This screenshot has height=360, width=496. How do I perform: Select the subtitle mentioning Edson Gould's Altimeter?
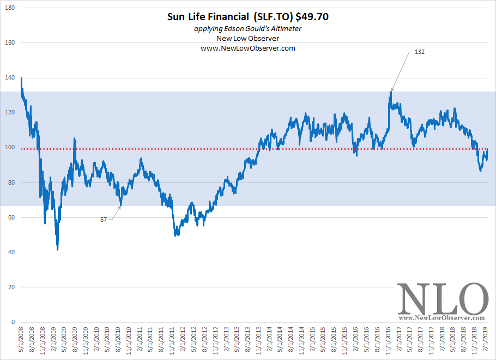tap(248, 28)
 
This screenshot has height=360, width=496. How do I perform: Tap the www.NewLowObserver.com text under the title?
tap(248, 48)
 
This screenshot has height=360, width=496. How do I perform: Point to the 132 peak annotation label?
tap(419, 52)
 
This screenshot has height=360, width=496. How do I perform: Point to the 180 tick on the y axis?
tap(10, 8)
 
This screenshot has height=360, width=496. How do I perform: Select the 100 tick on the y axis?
tap(10, 148)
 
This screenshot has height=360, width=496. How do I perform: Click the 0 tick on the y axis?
tap(13, 322)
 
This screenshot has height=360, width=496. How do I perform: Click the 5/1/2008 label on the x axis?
tap(21, 341)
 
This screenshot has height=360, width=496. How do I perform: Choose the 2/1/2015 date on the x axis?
tap(312, 341)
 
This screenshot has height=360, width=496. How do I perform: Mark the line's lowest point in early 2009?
tap(57, 249)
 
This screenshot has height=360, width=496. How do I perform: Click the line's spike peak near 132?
tap(391, 91)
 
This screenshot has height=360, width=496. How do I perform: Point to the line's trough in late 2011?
tap(176, 235)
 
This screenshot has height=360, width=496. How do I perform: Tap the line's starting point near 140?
tap(21, 78)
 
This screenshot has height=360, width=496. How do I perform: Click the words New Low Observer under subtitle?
tap(248, 38)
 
